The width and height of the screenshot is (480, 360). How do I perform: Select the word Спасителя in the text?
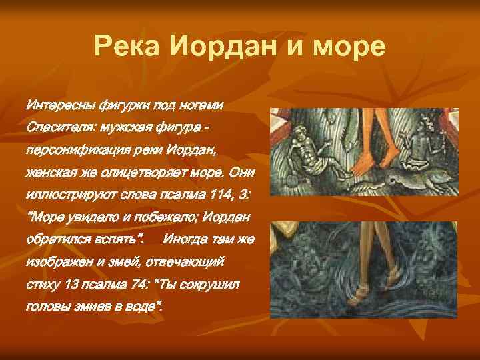click(x=57, y=127)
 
